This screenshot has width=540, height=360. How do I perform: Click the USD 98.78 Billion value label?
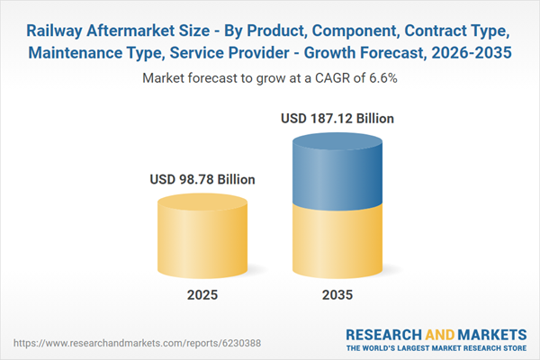coord(202,180)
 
